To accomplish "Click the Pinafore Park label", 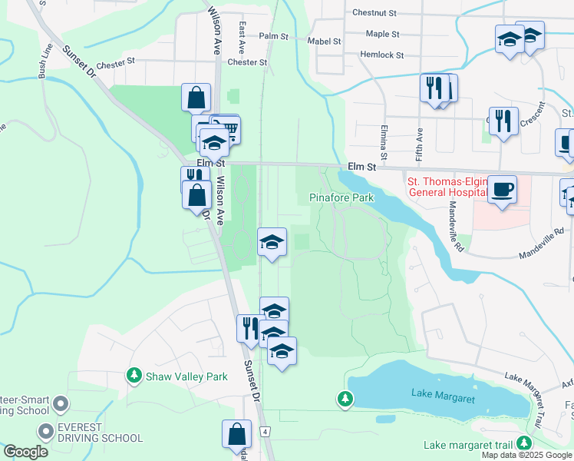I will click(x=341, y=197).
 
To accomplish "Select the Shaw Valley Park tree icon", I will click(x=134, y=376).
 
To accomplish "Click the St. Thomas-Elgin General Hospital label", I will click(x=446, y=187).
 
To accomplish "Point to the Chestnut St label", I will click(x=374, y=13).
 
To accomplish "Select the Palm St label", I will click(x=273, y=36).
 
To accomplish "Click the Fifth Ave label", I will click(x=420, y=139).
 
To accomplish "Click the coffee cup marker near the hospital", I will click(x=502, y=189).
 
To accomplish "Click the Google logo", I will click(x=25, y=451).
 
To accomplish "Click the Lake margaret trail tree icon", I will click(x=524, y=443).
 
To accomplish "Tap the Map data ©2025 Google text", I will click(x=526, y=455).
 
